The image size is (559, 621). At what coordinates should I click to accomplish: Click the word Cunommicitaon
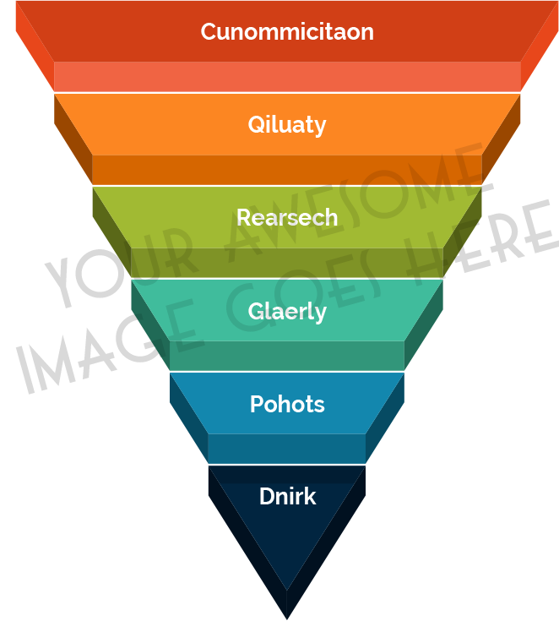tap(287, 32)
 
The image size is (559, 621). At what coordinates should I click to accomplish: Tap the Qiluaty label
tap(287, 125)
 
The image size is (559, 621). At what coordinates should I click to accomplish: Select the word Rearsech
tap(287, 218)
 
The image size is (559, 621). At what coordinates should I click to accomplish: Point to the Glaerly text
tap(287, 312)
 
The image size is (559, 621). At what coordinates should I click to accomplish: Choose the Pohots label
tap(287, 404)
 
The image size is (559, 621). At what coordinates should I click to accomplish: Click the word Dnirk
tap(287, 496)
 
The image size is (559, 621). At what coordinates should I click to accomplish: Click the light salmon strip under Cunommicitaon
tap(287, 77)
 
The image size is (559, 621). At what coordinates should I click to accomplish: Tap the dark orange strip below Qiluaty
tap(287, 170)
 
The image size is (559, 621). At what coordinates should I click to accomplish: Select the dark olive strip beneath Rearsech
tap(287, 264)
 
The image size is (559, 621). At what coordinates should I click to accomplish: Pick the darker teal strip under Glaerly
tap(287, 356)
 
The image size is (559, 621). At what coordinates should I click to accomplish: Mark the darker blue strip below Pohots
tap(287, 449)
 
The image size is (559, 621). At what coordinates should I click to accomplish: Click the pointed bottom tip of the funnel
tap(287, 613)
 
